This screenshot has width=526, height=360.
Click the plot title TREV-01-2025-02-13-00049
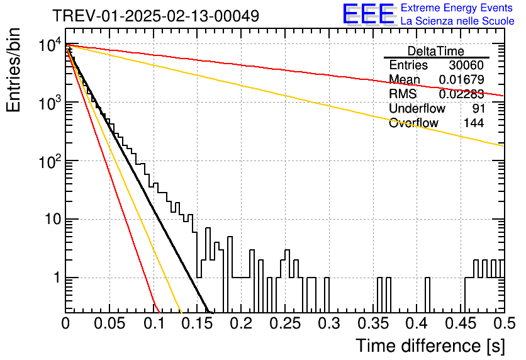point(156,16)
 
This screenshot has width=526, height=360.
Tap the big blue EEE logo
point(368,14)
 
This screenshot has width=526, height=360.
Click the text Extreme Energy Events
point(457,8)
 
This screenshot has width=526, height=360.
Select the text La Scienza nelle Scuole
point(457,21)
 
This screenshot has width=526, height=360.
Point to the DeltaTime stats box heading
point(436,51)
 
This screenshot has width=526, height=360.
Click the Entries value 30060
point(466,65)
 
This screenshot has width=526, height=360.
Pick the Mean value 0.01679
point(462,79)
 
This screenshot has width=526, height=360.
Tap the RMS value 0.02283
point(462,94)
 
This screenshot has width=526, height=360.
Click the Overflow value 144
point(474,123)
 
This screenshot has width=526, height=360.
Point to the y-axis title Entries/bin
point(13,70)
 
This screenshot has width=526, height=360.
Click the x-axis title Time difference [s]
point(430,346)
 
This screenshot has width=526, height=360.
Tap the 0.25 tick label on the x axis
point(285,323)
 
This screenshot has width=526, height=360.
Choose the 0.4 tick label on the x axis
point(417,323)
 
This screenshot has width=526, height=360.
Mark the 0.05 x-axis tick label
point(109,323)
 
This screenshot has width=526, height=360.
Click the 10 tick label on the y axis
point(53,219)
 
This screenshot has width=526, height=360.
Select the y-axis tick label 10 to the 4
point(50,45)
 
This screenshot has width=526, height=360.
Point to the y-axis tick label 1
point(57,278)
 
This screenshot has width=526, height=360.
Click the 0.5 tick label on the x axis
point(504,323)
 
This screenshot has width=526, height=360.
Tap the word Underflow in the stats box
point(417,108)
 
